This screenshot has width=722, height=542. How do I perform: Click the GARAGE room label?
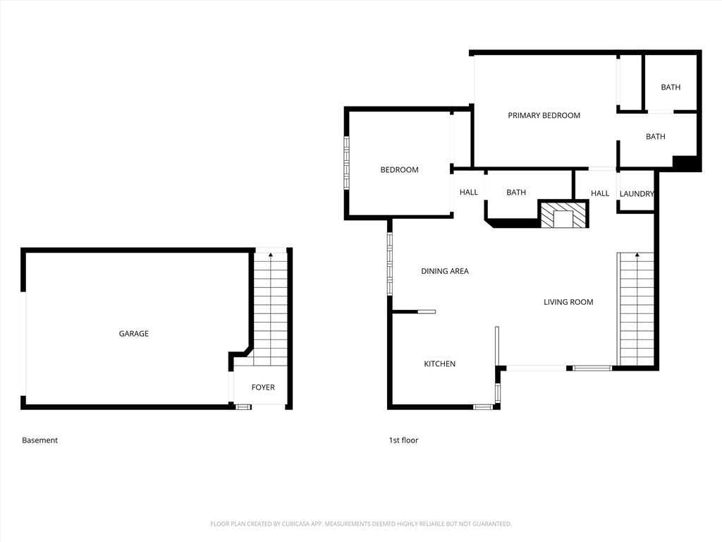point(133,334)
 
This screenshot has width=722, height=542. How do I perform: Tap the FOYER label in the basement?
point(263,387)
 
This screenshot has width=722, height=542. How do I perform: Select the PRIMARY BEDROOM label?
point(544,116)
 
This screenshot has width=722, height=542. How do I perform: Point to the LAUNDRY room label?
point(637,194)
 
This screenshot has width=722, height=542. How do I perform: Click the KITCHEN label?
point(440,364)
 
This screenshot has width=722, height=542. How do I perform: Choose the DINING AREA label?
point(445,272)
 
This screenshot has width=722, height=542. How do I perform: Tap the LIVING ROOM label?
point(568,302)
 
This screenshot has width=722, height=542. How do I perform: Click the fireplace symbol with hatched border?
point(564,215)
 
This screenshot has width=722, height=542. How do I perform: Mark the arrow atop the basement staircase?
point(271,254)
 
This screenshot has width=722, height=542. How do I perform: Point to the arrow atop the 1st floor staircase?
point(637,254)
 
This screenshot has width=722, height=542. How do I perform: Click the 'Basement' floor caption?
point(40,440)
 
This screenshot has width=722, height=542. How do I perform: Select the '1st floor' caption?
point(403,440)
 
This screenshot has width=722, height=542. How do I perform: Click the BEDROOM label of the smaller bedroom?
point(399,170)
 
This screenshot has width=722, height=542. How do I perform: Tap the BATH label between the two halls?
point(515,193)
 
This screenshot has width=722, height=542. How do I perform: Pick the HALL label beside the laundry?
point(600,193)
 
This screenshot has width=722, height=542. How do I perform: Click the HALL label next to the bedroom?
point(469,193)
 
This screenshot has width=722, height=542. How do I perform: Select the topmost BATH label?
point(671,88)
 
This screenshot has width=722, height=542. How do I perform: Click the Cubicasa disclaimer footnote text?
point(361,524)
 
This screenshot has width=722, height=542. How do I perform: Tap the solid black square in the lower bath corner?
point(685,163)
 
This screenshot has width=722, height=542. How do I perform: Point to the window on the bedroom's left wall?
point(346,163)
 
